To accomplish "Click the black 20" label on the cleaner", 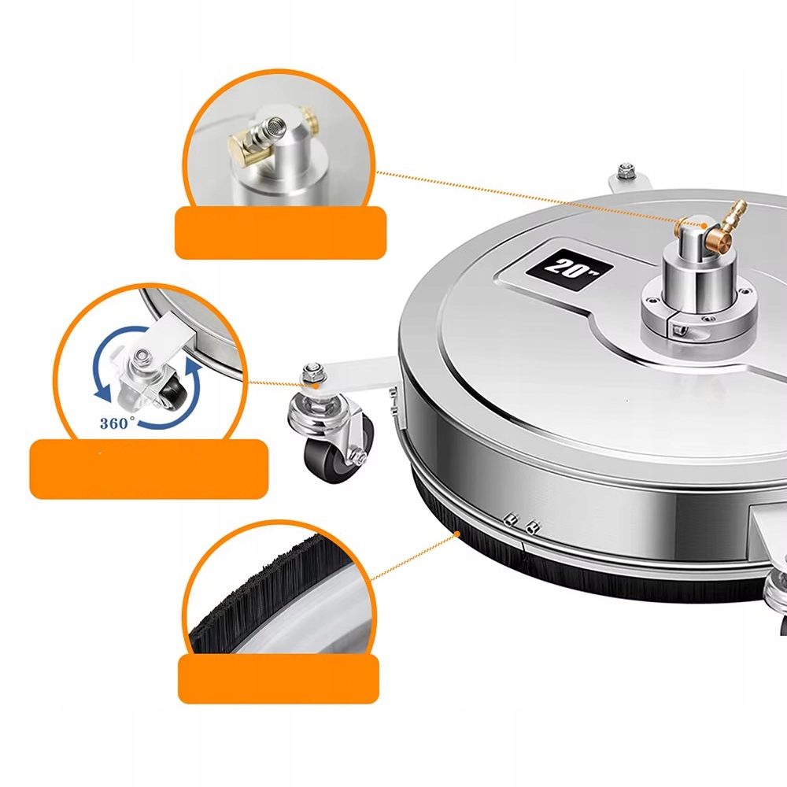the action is [x=569, y=269].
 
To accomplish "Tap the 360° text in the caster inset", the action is [x=117, y=423].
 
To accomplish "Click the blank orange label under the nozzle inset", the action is [x=281, y=233].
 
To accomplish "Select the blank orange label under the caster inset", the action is [x=149, y=469].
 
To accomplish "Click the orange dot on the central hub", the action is [x=704, y=225].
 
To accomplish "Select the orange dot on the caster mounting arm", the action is [x=316, y=385].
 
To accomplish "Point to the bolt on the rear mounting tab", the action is [x=625, y=171].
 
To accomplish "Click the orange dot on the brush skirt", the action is [x=456, y=534].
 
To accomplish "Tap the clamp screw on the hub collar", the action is [x=680, y=330].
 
